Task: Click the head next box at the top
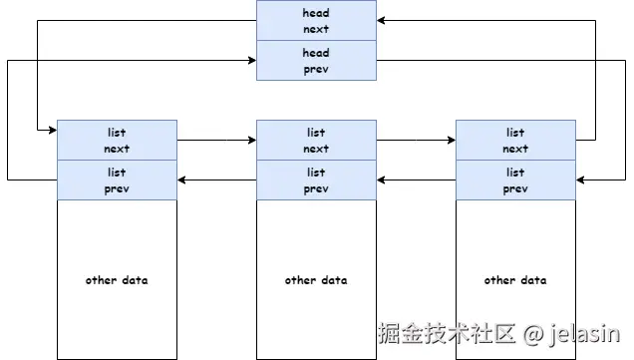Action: (316, 21)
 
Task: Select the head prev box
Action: (316, 61)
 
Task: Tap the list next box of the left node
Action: (117, 140)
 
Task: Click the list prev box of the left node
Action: (117, 180)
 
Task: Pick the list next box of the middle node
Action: (316, 140)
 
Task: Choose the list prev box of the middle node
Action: (316, 180)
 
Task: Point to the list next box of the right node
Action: (515, 140)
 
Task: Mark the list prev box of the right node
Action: (515, 180)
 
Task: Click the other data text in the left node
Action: (117, 280)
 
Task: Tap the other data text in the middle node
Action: (316, 280)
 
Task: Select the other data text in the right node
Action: (515, 280)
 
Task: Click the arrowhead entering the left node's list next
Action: (52, 130)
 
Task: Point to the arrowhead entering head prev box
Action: (251, 61)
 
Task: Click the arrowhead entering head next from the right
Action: (382, 21)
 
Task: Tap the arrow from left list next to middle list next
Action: (216, 141)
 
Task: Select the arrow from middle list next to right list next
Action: (416, 141)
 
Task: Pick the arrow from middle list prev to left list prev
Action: (216, 180)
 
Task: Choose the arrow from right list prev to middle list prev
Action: (416, 180)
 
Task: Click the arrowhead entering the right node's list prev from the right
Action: (581, 180)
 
